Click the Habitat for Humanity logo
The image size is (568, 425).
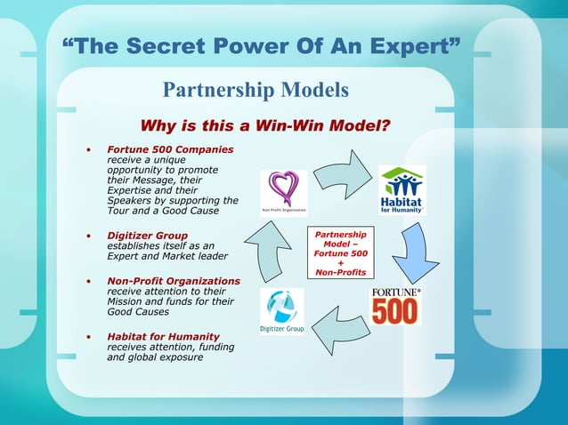click(402, 189)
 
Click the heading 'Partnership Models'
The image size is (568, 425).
click(255, 91)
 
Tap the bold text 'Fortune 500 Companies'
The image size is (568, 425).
click(170, 148)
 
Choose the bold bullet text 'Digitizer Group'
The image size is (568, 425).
click(147, 235)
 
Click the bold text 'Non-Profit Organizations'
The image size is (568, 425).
click(174, 281)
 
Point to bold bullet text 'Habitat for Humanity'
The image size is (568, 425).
click(163, 336)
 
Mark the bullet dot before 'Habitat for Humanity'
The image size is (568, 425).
click(88, 337)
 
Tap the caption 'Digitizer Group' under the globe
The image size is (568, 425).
click(281, 329)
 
